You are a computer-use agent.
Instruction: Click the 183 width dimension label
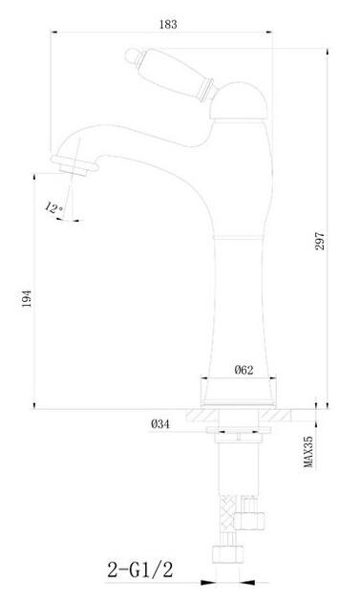[x=168, y=25]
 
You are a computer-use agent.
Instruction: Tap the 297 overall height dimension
[x=320, y=241]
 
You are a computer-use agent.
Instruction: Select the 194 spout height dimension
[x=27, y=298]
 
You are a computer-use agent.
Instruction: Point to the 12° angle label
[x=53, y=208]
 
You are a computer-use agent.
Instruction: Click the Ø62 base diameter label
[x=244, y=370]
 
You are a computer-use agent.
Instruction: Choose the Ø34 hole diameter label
[x=160, y=424]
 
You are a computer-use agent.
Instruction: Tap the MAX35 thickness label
[x=308, y=452]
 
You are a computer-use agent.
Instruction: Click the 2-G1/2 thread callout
[x=139, y=570]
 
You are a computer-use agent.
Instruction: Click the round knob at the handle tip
[x=131, y=55]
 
